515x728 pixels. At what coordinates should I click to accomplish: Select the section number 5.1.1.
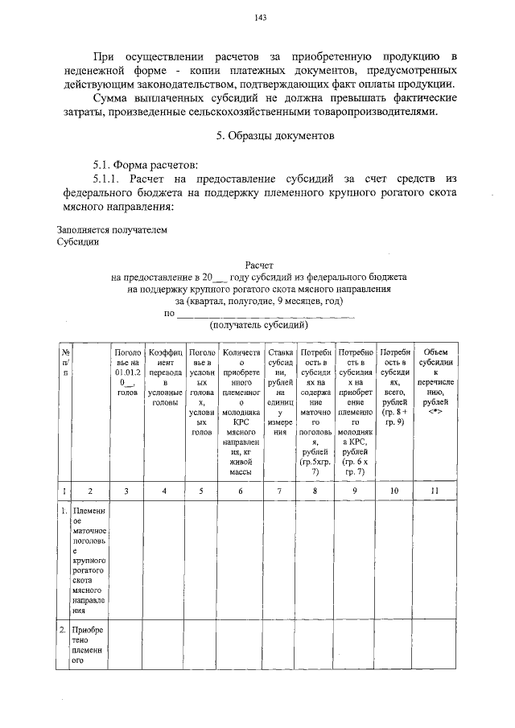[108, 177]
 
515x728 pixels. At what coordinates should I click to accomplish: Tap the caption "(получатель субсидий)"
[259, 326]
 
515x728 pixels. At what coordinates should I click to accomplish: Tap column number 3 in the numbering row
[126, 490]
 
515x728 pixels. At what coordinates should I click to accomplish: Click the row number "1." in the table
[64, 511]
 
